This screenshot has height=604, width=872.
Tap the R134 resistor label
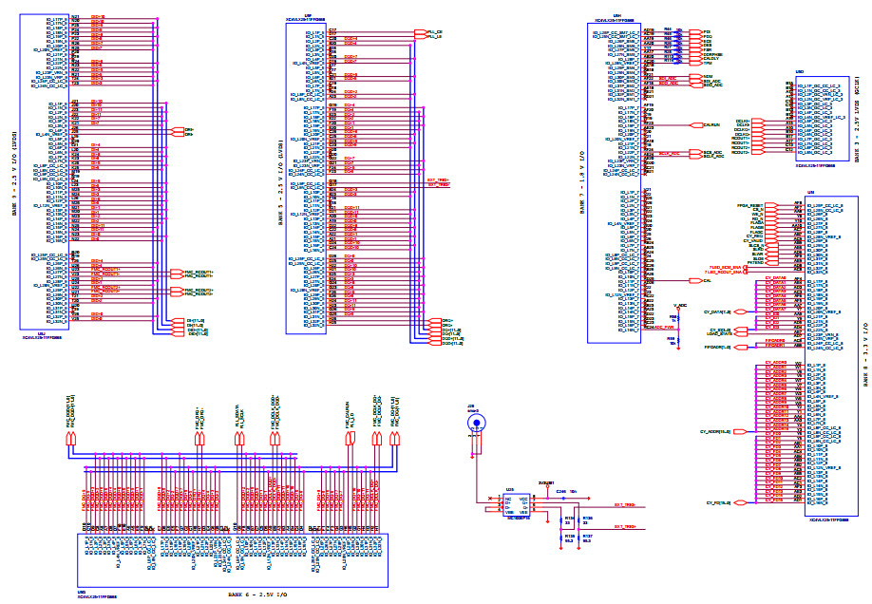tap(570, 519)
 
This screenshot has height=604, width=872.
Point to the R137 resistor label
tap(587, 536)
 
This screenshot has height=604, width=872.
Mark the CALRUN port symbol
tap(713, 124)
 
